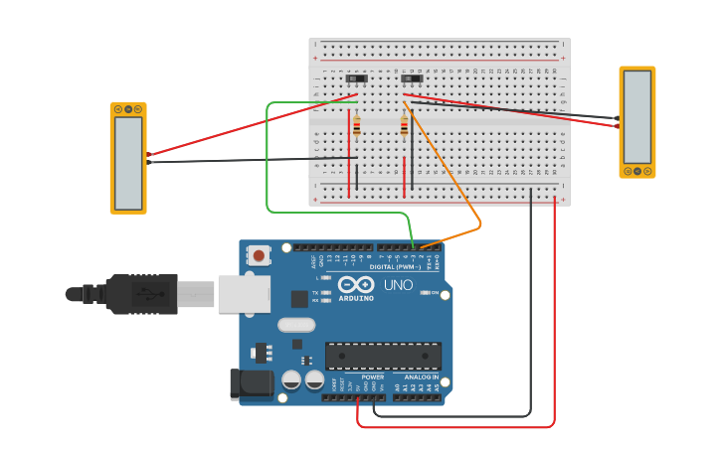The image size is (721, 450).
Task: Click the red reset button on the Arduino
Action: click(x=260, y=255)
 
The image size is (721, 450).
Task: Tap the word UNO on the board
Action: click(x=398, y=285)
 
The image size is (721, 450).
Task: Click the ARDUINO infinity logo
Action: click(x=355, y=285)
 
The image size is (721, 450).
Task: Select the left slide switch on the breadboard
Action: click(x=357, y=77)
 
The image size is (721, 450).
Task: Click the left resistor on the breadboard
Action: click(x=356, y=126)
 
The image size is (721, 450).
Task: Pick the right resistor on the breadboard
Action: click(x=404, y=126)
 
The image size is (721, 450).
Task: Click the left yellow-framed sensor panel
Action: click(x=128, y=159)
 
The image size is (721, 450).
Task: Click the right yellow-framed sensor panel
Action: click(x=637, y=122)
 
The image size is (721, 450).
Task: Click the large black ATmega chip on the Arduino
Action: click(x=383, y=356)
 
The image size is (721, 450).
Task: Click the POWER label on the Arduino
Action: click(x=373, y=377)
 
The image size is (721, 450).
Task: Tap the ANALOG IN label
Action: click(x=421, y=377)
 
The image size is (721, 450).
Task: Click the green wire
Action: click(x=268, y=159)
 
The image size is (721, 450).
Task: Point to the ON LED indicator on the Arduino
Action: click(x=427, y=292)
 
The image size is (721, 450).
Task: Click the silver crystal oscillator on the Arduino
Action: click(x=296, y=324)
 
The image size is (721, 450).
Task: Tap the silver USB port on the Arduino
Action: click(x=244, y=294)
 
